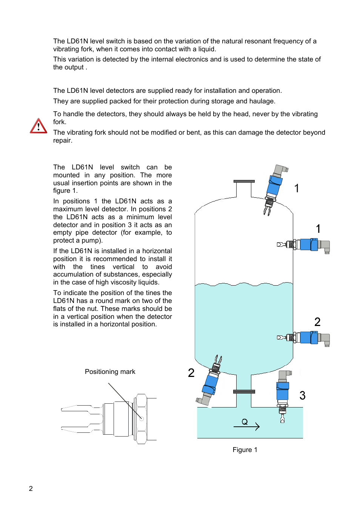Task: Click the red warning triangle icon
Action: (x=38, y=126)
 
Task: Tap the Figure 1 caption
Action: (x=245, y=450)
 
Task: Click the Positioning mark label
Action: (x=110, y=372)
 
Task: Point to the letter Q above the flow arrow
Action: (x=245, y=422)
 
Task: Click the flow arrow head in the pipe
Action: (x=257, y=426)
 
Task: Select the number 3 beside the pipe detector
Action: (x=302, y=395)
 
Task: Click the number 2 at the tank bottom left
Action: (x=191, y=373)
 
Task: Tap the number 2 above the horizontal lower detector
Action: (x=317, y=322)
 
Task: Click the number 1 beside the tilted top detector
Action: (x=297, y=188)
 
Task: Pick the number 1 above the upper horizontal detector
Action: (x=318, y=229)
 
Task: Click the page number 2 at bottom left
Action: (x=31, y=489)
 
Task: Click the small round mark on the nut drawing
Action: (x=142, y=418)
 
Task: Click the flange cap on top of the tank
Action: (x=244, y=181)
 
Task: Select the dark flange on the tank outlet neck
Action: (x=244, y=392)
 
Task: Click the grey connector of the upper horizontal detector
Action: (x=325, y=246)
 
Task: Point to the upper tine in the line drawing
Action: (x=75, y=408)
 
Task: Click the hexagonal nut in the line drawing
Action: (x=141, y=419)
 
